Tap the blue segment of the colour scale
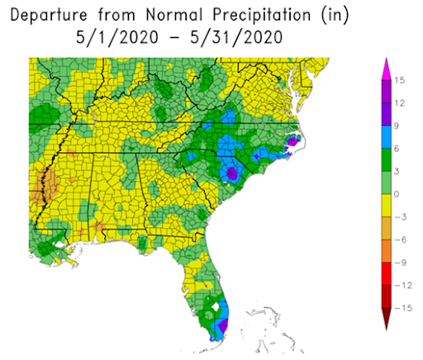387,138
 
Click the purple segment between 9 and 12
387,115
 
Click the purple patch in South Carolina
232,173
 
